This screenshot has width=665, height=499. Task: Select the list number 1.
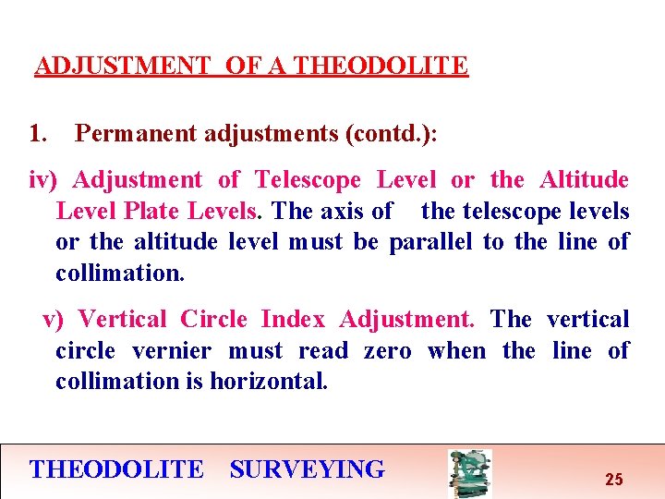(x=37, y=134)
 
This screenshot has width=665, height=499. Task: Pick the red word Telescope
(x=308, y=180)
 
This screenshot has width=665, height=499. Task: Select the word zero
(x=387, y=351)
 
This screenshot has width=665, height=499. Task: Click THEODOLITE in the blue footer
(x=116, y=469)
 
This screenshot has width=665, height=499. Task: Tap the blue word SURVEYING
(x=307, y=469)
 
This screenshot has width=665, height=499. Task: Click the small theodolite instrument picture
(x=469, y=473)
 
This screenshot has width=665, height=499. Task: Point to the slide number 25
(x=613, y=480)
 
